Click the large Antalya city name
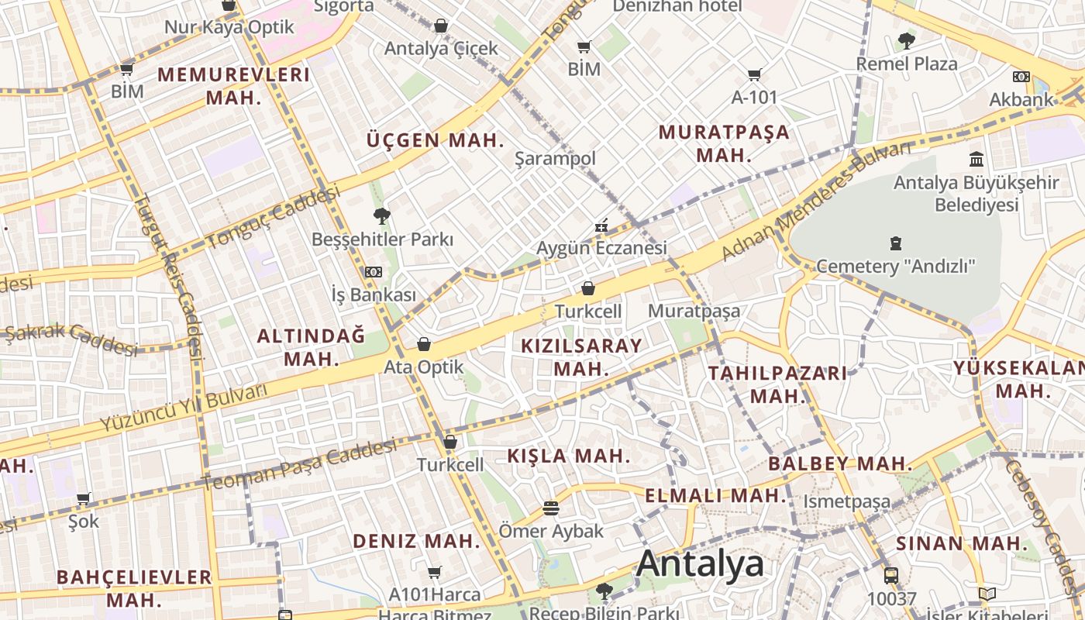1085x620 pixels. coord(700,564)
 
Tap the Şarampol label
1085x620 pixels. coord(556,159)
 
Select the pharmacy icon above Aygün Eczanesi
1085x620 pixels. coord(601,226)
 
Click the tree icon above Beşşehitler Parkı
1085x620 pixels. coord(381,216)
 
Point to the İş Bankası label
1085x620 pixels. coord(374,295)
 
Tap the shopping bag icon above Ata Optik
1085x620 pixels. coord(424,344)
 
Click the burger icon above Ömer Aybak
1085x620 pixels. coord(551,509)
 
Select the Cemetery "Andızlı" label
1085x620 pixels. coord(897,267)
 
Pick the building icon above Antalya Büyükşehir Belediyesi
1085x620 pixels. coord(976,160)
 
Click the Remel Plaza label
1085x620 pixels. coord(907,64)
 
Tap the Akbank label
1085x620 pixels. coord(1021,99)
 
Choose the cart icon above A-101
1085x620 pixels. coord(754,75)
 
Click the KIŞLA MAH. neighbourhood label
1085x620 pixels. coord(570,456)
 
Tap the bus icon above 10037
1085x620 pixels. coord(891,576)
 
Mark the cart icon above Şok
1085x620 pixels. coord(84,498)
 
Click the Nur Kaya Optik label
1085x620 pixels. coord(229,27)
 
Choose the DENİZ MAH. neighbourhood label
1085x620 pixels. coord(416,541)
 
